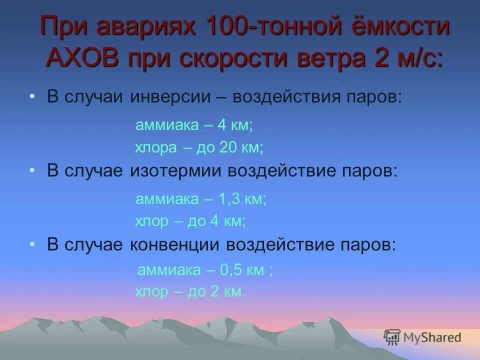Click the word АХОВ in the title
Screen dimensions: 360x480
pyautogui.click(x=83, y=58)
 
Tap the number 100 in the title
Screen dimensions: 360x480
pyautogui.click(x=220, y=27)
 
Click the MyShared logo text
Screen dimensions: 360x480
pyautogui.click(x=433, y=337)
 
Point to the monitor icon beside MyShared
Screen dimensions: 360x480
pyautogui.click(x=392, y=337)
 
